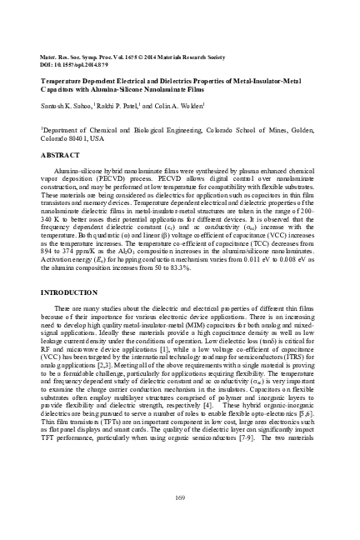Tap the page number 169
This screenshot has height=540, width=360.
179,497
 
